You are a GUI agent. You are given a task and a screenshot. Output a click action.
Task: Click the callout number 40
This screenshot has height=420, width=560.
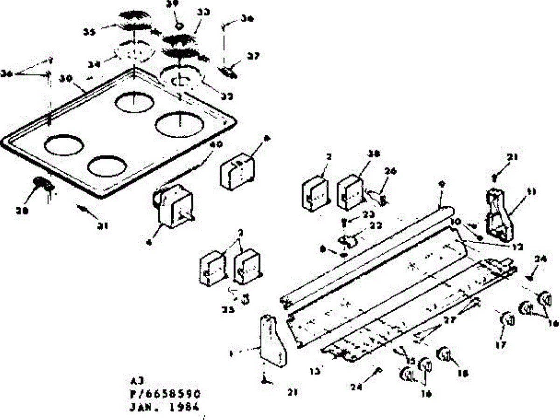click(215, 145)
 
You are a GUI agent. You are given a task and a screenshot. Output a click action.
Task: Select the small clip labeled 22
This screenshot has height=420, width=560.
click(348, 240)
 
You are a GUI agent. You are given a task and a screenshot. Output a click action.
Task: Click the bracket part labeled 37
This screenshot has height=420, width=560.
click(228, 72)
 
